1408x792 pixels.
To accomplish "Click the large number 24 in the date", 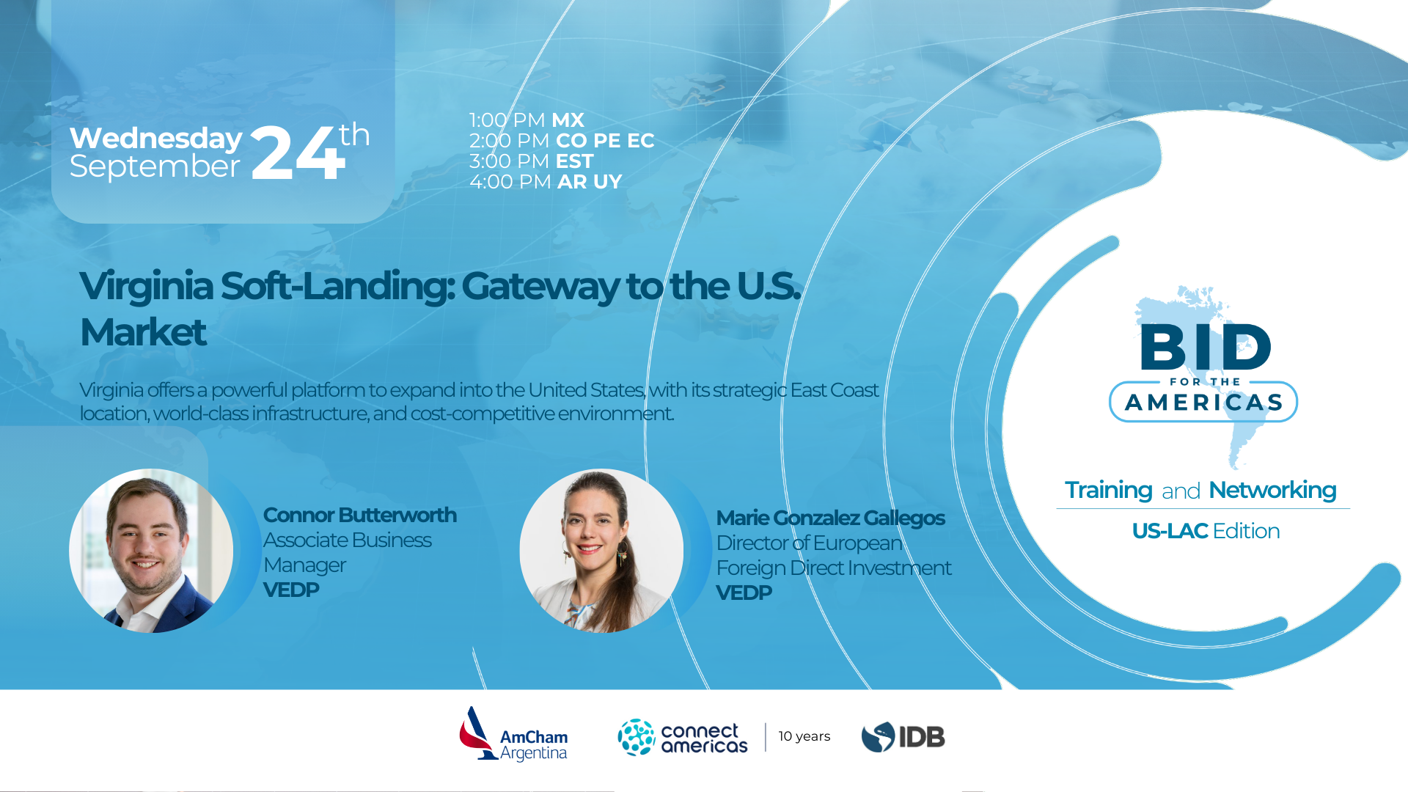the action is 298,153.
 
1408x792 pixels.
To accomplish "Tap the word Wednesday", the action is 156,139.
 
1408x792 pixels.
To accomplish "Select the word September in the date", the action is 155,167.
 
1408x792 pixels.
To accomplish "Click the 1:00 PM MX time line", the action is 527,120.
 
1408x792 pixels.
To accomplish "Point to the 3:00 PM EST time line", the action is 532,161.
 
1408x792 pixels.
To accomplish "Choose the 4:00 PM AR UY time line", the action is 546,182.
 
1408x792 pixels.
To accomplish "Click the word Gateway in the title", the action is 540,286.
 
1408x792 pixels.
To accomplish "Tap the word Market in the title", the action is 143,332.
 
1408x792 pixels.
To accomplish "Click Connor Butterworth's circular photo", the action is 151,551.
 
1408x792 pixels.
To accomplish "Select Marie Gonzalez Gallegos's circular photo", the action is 601,551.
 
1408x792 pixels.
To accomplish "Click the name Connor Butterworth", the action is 360,515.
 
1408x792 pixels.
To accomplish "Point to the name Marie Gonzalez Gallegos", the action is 831,518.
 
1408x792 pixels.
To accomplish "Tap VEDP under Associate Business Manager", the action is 291,590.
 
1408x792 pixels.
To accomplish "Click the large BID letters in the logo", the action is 1206,347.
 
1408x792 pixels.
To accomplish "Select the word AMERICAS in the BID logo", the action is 1204,403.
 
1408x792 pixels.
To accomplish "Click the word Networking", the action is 1272,491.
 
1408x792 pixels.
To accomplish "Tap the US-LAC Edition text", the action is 1206,531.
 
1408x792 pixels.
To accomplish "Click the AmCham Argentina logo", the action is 513,734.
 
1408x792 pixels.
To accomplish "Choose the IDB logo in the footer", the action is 903,737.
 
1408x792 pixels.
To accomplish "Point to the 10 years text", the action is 804,736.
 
